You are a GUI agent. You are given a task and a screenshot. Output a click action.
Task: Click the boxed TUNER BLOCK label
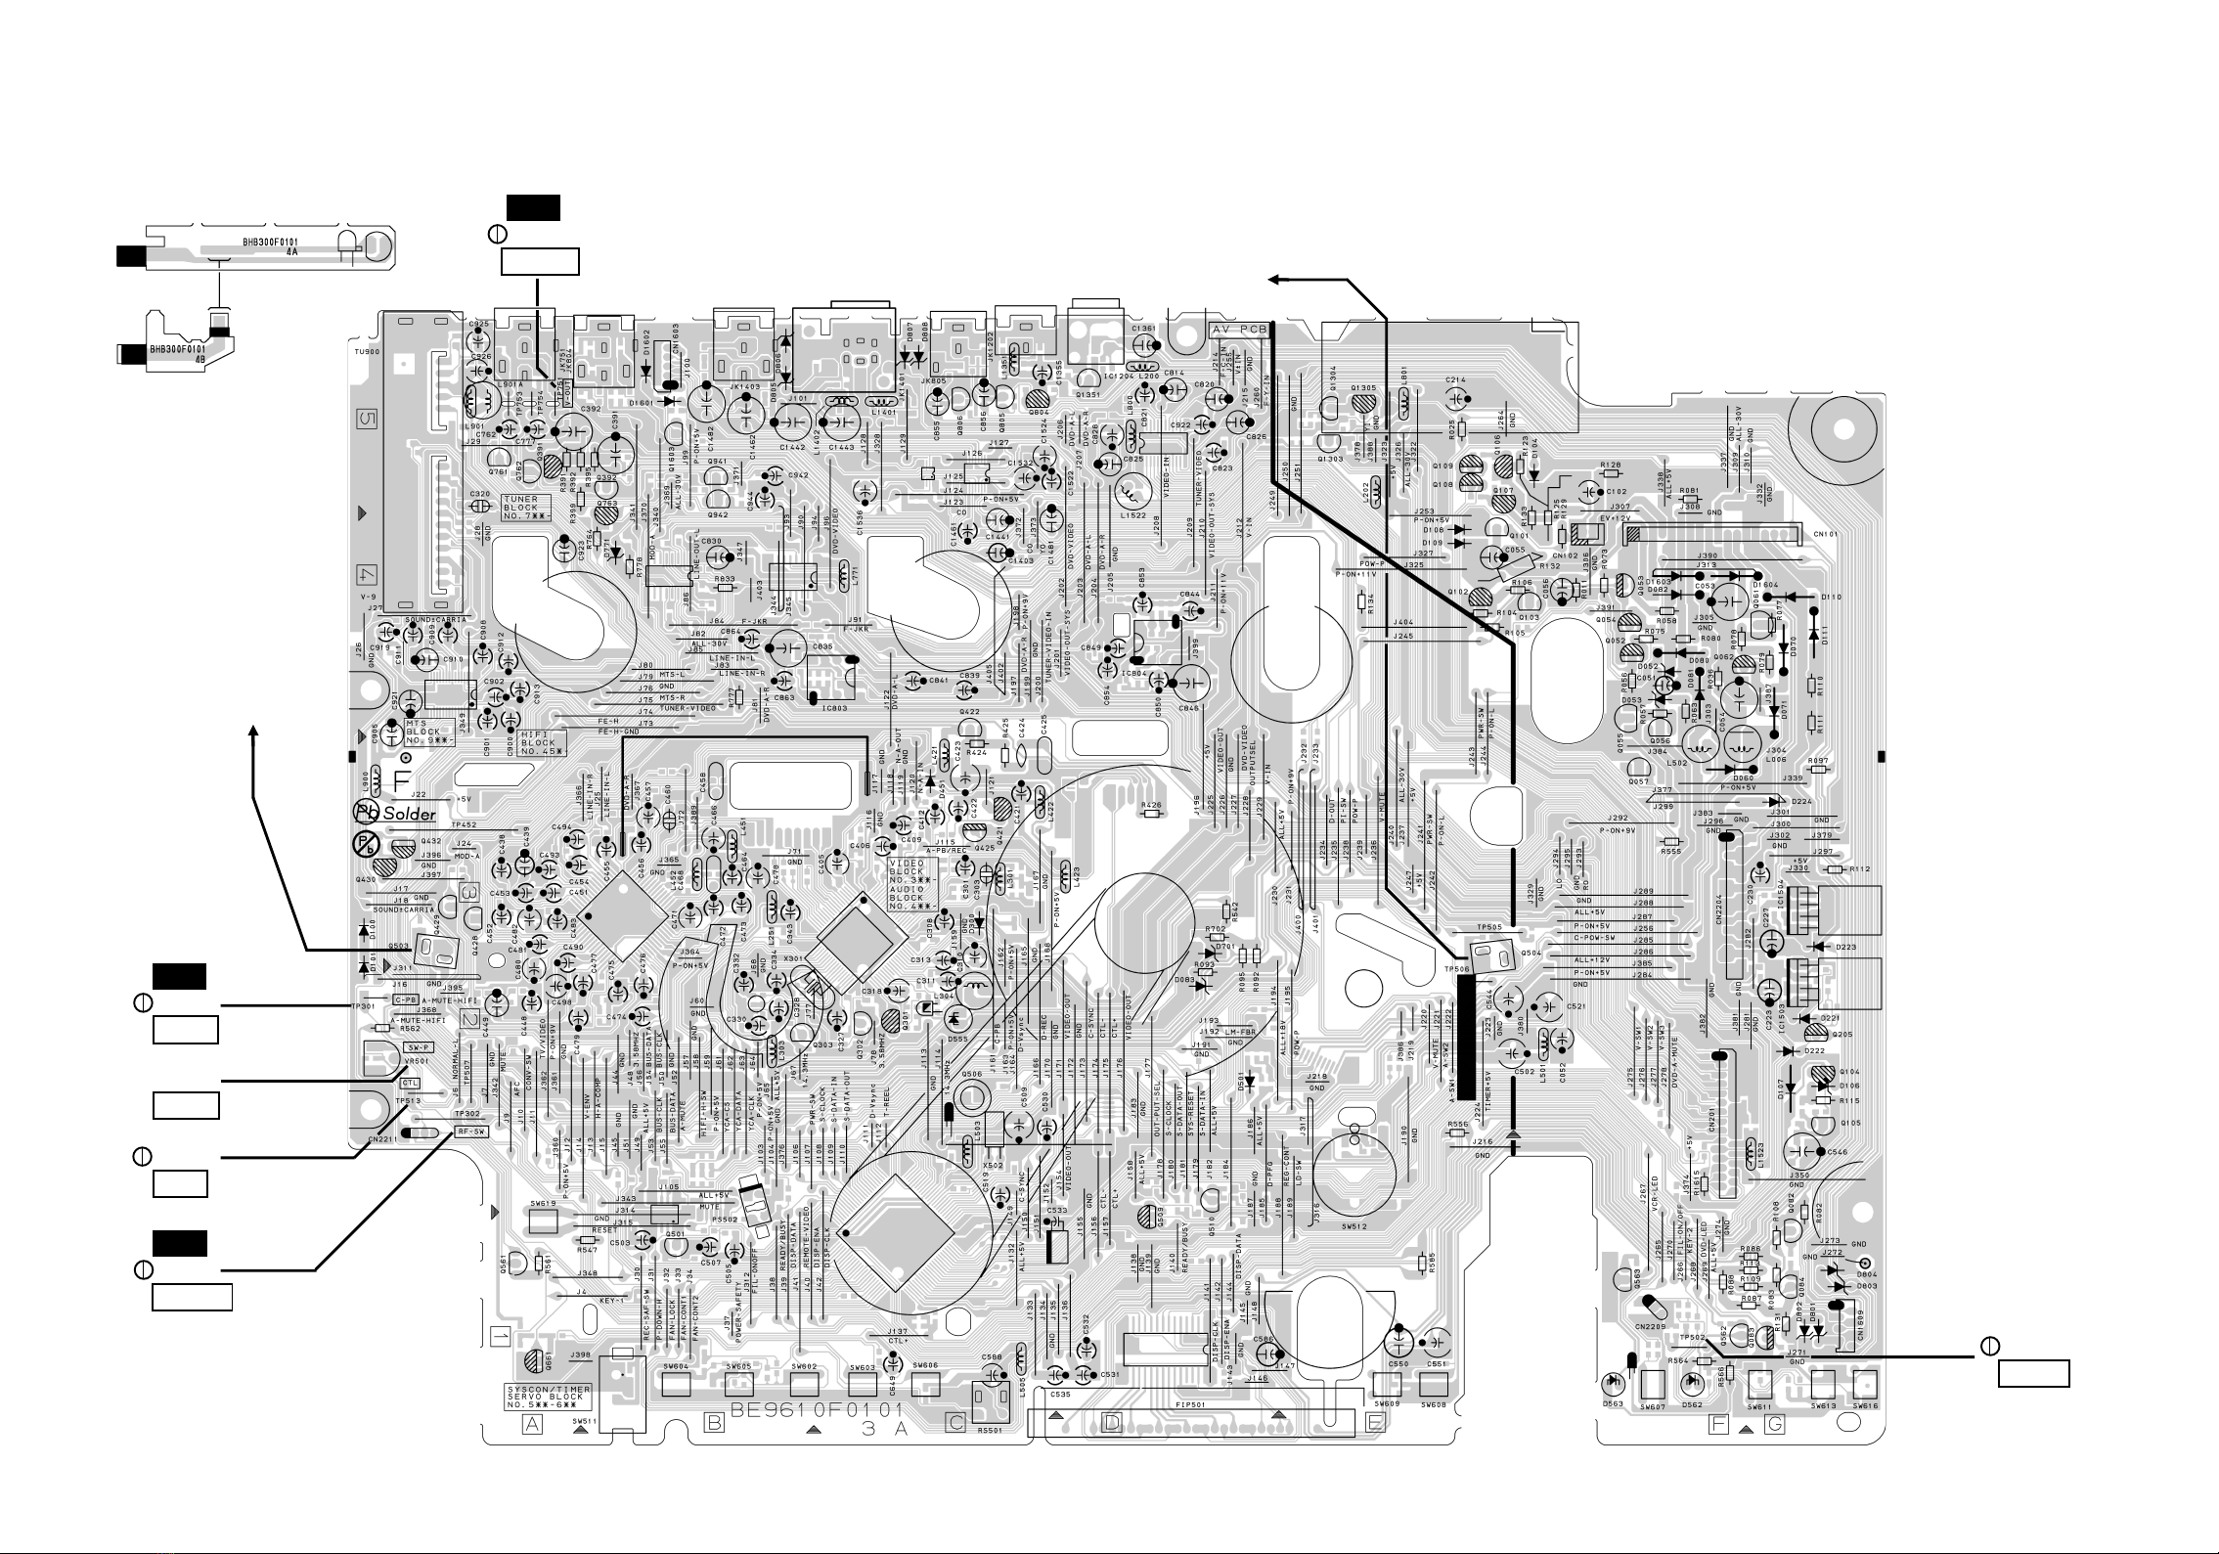tap(527, 506)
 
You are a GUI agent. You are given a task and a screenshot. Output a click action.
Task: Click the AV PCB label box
tap(1240, 330)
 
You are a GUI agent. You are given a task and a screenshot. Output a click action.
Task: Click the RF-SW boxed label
tap(470, 1132)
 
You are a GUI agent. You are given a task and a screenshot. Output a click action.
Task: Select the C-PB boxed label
tap(406, 999)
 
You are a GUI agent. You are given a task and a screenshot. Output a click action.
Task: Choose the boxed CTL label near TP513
tap(412, 1084)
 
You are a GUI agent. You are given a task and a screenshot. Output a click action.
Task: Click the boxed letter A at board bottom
tap(533, 1424)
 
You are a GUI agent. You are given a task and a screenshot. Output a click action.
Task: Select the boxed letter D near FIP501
tap(1112, 1424)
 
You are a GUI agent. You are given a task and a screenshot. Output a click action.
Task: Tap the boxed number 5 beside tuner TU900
tap(366, 419)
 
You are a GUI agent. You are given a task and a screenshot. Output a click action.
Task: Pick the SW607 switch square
tap(1653, 1385)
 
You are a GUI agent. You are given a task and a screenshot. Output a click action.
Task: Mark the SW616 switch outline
tap(1865, 1384)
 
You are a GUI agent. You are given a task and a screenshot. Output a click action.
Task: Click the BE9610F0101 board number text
tap(815, 1412)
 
